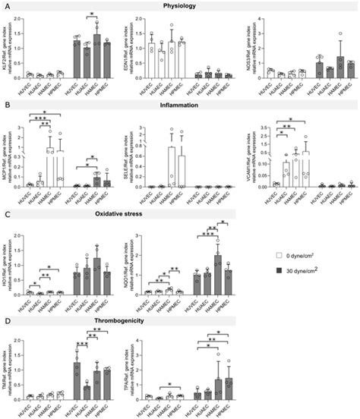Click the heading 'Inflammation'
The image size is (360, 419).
tap(180, 102)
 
